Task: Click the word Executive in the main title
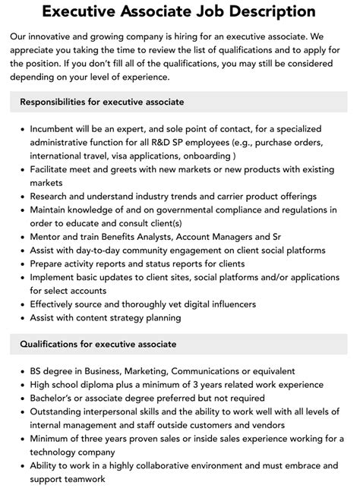(x=79, y=11)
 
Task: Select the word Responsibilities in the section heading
(x=57, y=102)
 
